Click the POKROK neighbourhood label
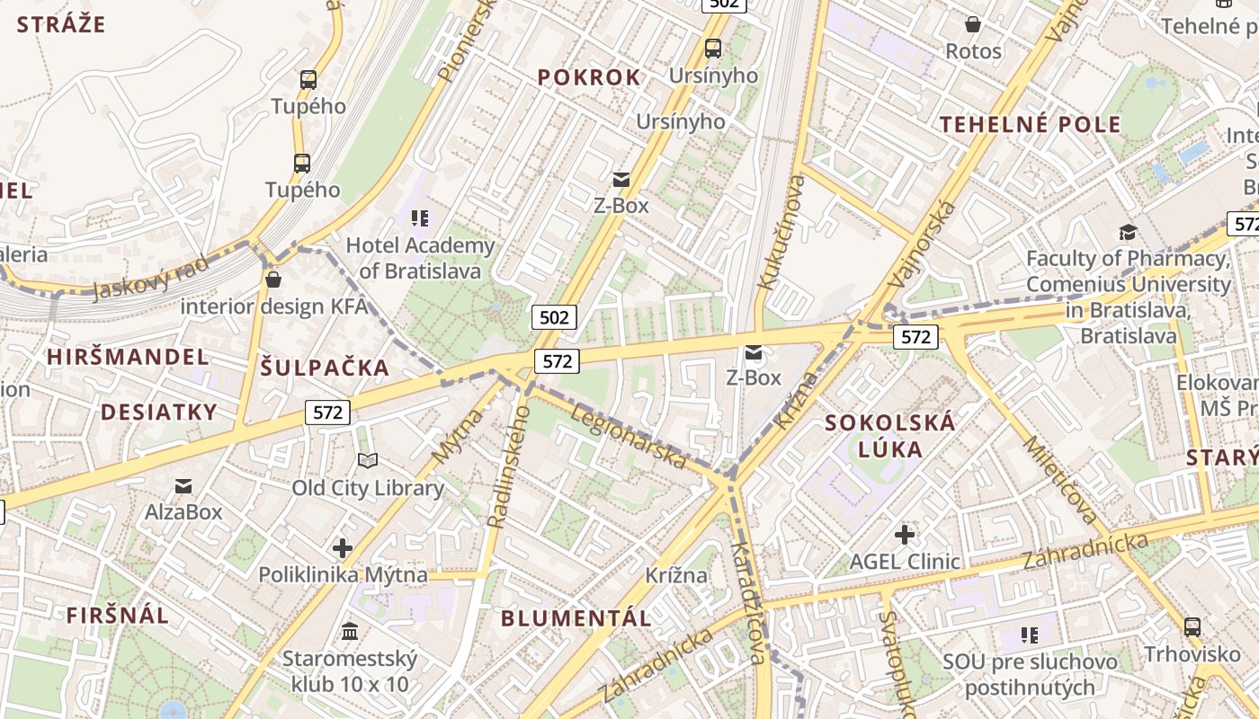(x=590, y=77)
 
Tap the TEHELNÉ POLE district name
(x=1031, y=124)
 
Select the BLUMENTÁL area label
(x=576, y=618)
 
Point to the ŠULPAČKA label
(x=326, y=367)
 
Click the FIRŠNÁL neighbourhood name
(x=118, y=615)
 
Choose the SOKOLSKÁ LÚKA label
(x=890, y=435)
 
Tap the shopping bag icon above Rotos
(x=972, y=24)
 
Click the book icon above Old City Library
(x=367, y=461)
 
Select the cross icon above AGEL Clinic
(x=905, y=536)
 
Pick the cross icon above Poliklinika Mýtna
(x=342, y=547)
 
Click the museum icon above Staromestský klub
(x=350, y=632)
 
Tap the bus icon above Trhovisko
(x=1192, y=626)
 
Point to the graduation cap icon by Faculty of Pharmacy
(x=1128, y=233)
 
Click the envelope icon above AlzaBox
(x=183, y=486)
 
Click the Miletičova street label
(x=1060, y=480)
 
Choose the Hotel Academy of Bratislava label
(x=420, y=258)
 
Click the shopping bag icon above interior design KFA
(x=273, y=280)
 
